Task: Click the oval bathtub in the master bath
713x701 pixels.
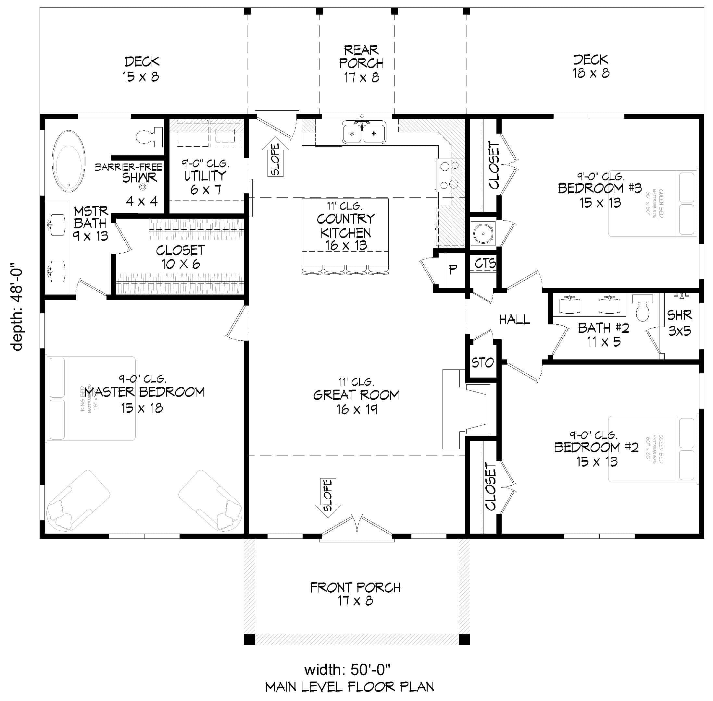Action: click(69, 161)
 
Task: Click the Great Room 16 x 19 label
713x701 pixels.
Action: click(356, 402)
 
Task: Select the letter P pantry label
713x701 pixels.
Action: click(453, 270)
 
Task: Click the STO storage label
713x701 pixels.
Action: click(482, 363)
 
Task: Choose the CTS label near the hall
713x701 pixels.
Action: click(485, 263)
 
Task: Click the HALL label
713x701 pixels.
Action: click(514, 320)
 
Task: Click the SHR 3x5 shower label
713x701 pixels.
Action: click(680, 323)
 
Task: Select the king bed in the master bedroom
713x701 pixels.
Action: click(90, 398)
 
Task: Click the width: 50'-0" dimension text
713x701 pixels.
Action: click(347, 669)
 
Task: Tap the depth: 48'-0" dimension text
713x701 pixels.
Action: click(17, 307)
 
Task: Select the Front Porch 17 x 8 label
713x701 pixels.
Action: click(355, 594)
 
